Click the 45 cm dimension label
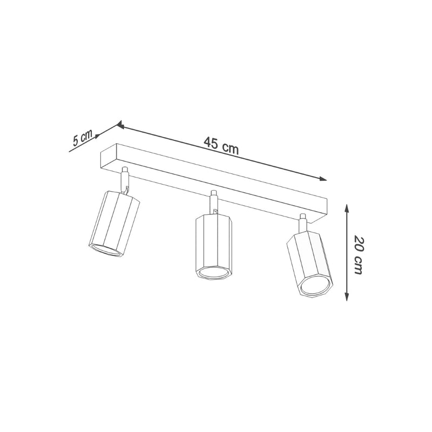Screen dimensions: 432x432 click(221, 145)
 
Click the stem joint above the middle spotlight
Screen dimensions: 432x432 click(214, 201)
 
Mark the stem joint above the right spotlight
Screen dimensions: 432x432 click(302, 223)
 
